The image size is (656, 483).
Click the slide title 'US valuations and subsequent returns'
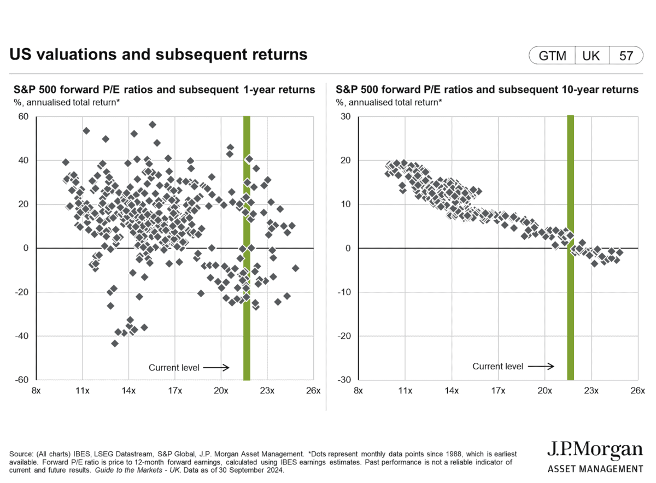159,55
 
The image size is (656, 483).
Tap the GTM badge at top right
552,56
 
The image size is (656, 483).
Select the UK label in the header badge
591,56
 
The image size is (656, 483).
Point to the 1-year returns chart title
162,90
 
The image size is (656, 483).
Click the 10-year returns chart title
487,90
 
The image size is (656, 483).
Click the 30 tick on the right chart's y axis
345,116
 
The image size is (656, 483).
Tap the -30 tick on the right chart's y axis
344,380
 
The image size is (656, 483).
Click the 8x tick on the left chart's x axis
36,391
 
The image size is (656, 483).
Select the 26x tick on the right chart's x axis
637,391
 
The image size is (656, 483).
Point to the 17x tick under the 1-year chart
175,391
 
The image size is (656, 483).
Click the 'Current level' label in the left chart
173,368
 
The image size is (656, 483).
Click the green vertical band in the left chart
247,246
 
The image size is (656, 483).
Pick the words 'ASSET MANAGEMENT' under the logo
595,469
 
